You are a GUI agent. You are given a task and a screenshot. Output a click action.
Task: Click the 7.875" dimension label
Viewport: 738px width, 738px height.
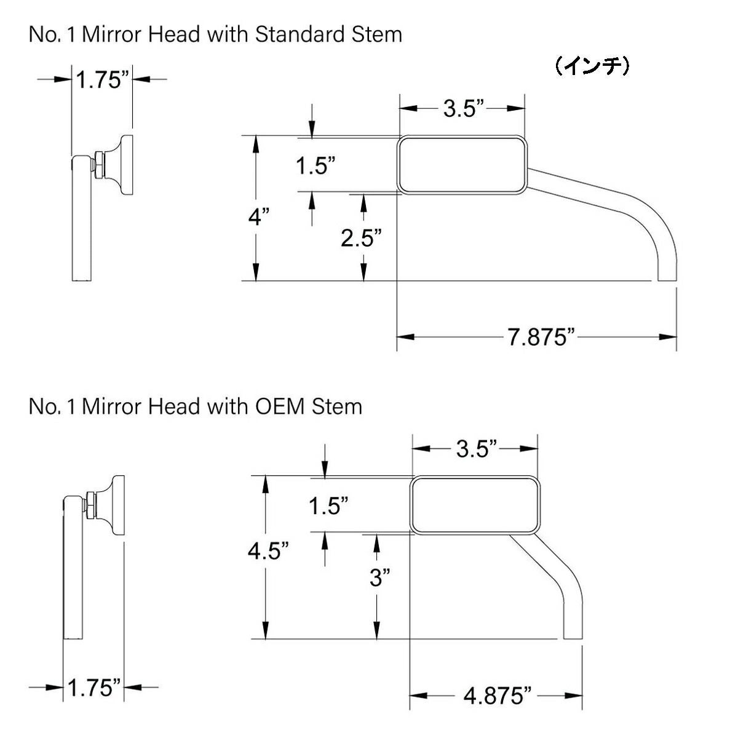click(541, 338)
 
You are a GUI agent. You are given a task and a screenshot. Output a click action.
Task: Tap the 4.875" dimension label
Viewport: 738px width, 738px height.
click(498, 696)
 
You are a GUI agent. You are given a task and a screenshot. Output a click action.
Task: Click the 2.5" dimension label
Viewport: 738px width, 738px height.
click(362, 238)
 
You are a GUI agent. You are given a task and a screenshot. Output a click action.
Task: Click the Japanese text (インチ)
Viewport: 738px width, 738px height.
click(592, 66)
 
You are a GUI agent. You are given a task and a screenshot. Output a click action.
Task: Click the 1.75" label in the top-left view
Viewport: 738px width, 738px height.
click(102, 80)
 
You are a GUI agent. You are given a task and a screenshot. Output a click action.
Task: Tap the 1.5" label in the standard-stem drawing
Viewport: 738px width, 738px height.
click(315, 165)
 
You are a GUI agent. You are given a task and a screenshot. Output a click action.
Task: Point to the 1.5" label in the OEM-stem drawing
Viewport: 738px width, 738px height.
click(328, 507)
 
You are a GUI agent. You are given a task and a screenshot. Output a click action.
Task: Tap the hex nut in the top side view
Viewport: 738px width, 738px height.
click(97, 165)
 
